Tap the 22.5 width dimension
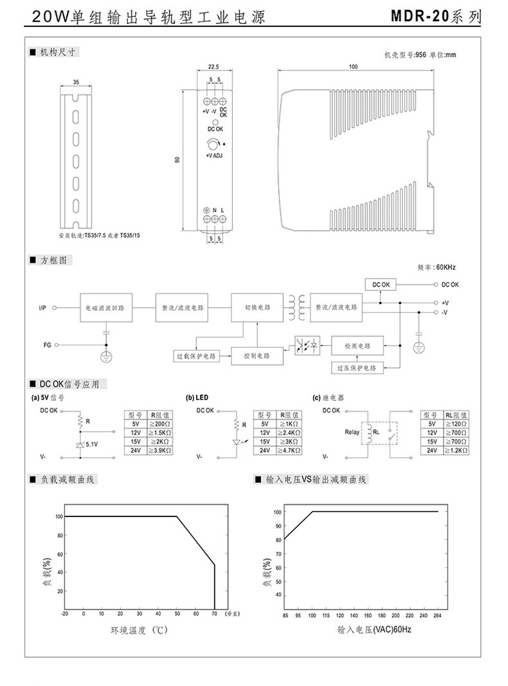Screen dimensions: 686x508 coord(214,66)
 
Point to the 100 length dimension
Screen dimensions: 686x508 coord(353,66)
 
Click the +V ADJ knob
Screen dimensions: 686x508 coord(213,145)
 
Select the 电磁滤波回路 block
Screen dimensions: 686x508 coord(105,308)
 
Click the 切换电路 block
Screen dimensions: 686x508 coord(257,308)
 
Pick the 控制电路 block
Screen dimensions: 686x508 coord(257,355)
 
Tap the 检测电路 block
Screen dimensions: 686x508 coord(357,346)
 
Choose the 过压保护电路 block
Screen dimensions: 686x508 coord(357,367)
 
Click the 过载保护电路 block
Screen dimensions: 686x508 coord(196,355)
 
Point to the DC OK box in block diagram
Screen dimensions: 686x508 coord(381,284)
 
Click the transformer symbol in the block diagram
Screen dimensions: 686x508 coord(296,308)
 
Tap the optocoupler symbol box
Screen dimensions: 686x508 coord(307,346)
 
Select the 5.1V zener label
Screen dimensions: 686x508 coord(92,443)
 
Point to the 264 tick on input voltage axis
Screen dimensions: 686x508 coord(438,615)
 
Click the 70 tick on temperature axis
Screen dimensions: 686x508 coord(214,615)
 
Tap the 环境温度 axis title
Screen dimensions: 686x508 coord(138,630)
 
